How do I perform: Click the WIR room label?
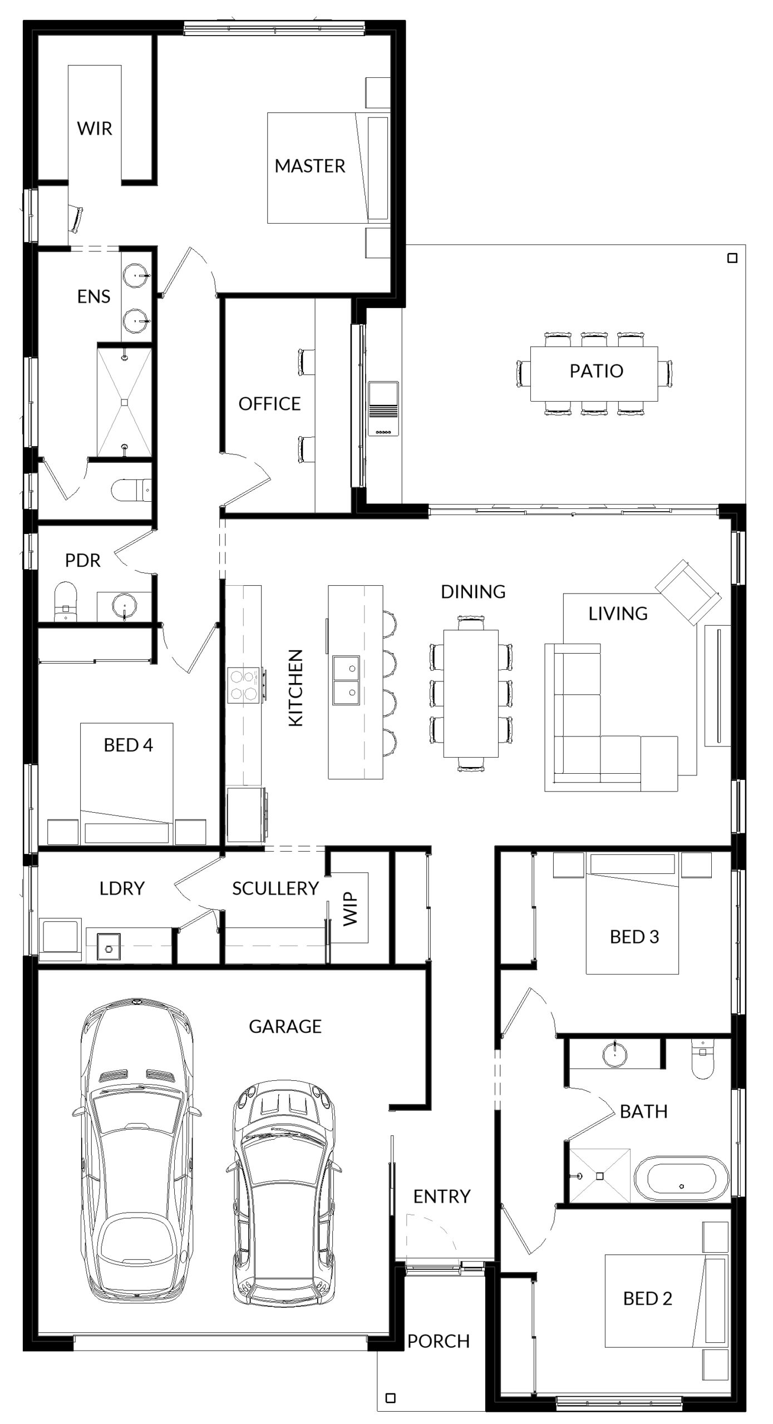95,128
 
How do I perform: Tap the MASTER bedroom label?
310,166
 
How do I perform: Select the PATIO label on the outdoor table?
596,371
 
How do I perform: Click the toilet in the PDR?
66,601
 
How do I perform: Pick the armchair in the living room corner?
688,593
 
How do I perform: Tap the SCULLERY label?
275,888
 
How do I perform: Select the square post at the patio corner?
732,258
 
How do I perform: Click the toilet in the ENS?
131,490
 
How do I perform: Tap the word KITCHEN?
296,688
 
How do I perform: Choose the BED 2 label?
647,1298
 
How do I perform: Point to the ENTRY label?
442,1196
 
